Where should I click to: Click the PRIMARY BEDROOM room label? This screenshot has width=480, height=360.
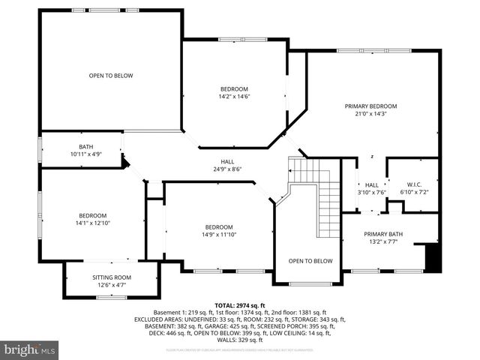[x=370, y=106]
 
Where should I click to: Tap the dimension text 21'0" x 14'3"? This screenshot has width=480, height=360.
[x=370, y=114]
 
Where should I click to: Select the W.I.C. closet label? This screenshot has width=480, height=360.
[x=415, y=184]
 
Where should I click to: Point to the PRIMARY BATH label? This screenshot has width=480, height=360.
[x=383, y=234]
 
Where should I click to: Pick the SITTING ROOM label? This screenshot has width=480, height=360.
[x=111, y=277]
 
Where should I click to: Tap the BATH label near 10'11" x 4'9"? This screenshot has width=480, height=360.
[x=86, y=146]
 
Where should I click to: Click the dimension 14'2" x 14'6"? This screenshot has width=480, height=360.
[x=234, y=96]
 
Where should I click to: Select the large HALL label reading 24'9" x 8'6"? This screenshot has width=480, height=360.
[x=227, y=161]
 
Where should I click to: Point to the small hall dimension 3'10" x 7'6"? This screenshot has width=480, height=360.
[x=372, y=192]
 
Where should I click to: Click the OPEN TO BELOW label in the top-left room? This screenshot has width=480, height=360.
[x=111, y=75]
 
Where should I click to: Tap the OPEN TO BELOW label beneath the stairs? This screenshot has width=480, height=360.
[x=310, y=261]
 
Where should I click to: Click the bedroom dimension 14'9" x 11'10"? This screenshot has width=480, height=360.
[x=220, y=235]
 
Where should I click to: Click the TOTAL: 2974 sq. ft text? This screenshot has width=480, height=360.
[x=239, y=306]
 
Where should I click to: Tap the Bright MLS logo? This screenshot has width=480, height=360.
[x=30, y=349]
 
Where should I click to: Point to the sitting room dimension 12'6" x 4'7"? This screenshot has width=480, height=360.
[x=111, y=285]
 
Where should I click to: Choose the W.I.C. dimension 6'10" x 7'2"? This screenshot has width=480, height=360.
[x=415, y=192]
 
